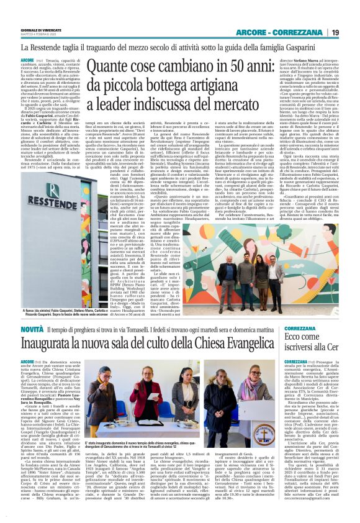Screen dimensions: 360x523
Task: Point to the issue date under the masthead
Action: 34,35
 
